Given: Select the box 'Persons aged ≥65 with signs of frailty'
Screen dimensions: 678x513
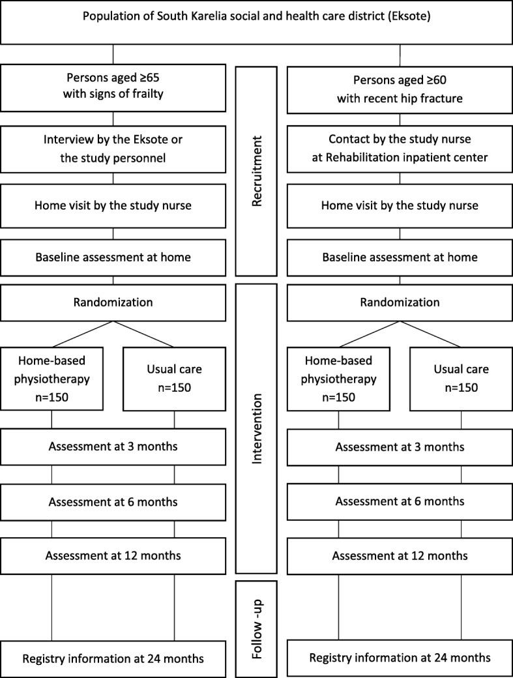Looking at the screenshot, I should pyautogui.click(x=113, y=87).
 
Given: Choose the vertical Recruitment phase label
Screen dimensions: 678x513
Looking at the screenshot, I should pyautogui.click(x=256, y=171).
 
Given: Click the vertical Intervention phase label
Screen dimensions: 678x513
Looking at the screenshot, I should pyautogui.click(x=256, y=428).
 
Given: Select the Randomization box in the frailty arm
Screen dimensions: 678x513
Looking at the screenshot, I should pyautogui.click(x=113, y=302).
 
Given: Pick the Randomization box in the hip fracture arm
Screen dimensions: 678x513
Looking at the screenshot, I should pyautogui.click(x=400, y=302).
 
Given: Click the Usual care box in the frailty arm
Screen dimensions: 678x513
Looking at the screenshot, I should pyautogui.click(x=174, y=379).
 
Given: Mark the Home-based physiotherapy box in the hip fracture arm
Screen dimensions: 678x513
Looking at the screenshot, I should pyautogui.click(x=339, y=379).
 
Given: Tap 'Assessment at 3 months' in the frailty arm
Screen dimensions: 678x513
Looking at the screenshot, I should pyautogui.click(x=113, y=447).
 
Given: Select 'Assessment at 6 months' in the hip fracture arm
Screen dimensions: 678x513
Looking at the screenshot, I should pyautogui.click(x=400, y=501).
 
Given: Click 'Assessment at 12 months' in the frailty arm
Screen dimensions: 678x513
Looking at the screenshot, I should pyautogui.click(x=113, y=555).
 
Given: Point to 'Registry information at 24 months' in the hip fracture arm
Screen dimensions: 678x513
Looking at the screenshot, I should pyautogui.click(x=400, y=658).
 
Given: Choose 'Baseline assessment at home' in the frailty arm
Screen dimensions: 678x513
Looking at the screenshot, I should pyautogui.click(x=113, y=257).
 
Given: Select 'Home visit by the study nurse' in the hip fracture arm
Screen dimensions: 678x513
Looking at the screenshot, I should pyautogui.click(x=400, y=205).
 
